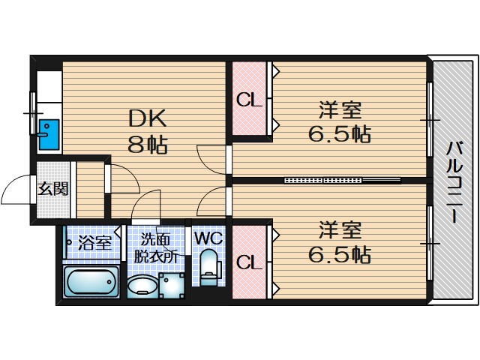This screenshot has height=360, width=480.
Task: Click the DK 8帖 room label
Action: click(148, 131)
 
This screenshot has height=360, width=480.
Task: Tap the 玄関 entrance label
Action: click(52, 188)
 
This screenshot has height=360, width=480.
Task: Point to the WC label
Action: click(208, 238)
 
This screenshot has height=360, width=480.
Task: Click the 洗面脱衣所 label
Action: click(155, 248)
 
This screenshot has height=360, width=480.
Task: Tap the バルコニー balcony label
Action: click(454, 181)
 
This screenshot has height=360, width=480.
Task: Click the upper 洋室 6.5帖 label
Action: click(340, 122)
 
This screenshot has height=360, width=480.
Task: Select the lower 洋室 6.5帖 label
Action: click(340, 243)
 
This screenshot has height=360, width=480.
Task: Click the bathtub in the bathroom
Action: click(91, 281)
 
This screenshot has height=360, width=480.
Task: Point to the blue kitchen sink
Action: click(49, 135)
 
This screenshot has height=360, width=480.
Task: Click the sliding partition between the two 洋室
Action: click(343, 180)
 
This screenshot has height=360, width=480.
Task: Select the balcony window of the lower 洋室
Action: click(430, 243)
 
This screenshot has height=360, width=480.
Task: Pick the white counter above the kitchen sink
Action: click(49, 87)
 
